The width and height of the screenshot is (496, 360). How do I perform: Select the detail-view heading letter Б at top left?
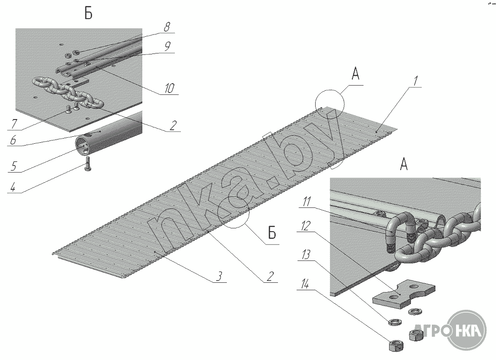pyautogui.click(x=88, y=14)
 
